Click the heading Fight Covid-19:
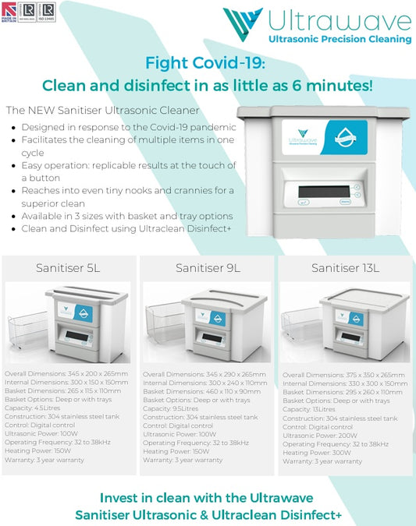click(x=207, y=64)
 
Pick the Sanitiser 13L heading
click(x=345, y=269)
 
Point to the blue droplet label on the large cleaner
click(x=345, y=141)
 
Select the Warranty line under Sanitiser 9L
click(x=183, y=460)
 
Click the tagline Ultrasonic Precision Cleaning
click(x=339, y=39)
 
